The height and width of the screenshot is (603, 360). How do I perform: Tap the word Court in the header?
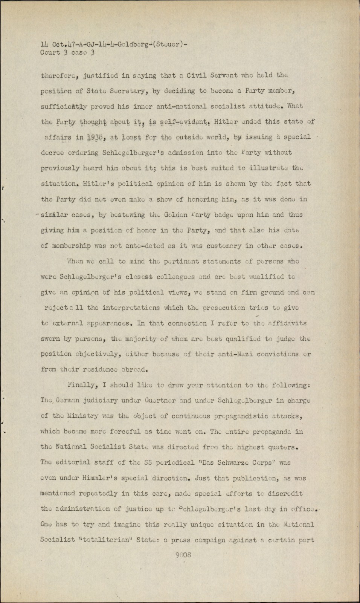click(x=50, y=52)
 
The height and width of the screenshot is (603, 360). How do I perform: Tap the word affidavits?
click(x=288, y=323)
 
